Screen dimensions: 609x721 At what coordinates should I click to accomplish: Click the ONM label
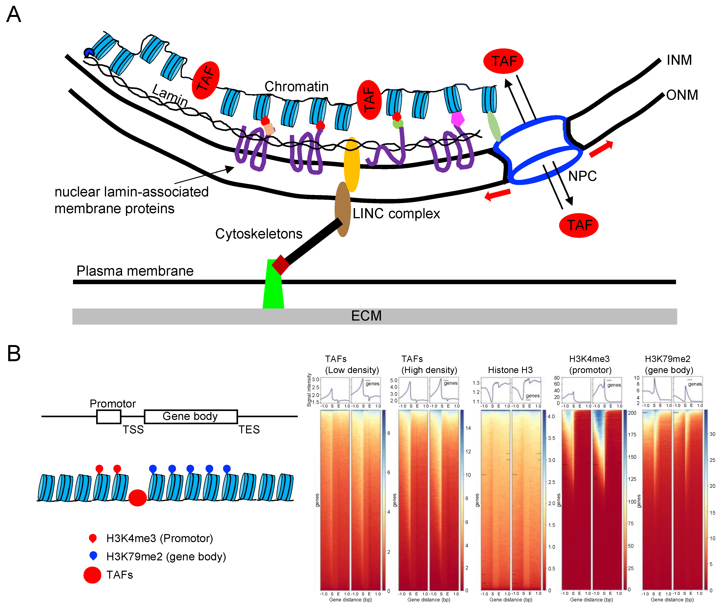pos(682,95)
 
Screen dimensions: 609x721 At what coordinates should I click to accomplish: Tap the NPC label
pos(582,176)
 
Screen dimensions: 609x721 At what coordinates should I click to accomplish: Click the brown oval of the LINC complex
pos(342,209)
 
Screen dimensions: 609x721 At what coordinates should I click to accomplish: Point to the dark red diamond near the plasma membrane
pos(280,265)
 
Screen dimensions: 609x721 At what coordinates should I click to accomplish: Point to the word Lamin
pos(170,96)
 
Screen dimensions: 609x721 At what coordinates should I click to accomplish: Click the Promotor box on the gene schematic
pos(108,417)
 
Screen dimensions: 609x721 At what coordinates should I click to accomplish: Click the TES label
pos(249,429)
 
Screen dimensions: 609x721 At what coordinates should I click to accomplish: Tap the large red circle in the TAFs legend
pos(92,575)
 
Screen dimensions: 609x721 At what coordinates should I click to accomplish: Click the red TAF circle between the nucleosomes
pos(137,498)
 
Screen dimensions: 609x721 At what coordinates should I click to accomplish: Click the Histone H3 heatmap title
pos(510,370)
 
